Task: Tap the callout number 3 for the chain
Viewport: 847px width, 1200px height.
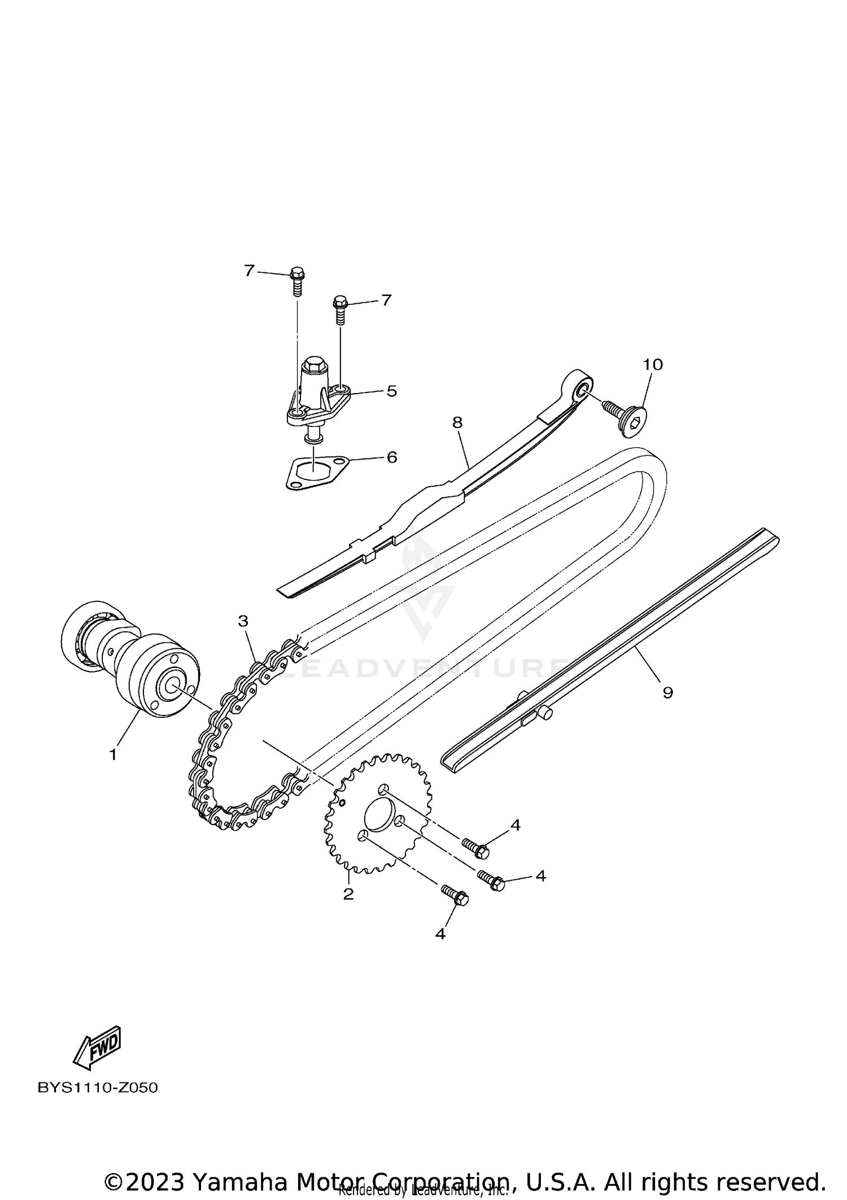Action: coord(243,622)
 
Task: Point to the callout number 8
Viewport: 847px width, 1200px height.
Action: coord(457,422)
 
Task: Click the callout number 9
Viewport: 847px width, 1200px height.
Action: coord(668,693)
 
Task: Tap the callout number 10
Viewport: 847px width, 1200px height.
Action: coord(653,365)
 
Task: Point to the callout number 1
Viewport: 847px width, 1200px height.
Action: coord(113,754)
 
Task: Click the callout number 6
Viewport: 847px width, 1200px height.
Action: coord(392,457)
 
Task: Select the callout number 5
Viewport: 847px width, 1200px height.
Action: coord(392,391)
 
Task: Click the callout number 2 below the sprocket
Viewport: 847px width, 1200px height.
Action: coord(348,894)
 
